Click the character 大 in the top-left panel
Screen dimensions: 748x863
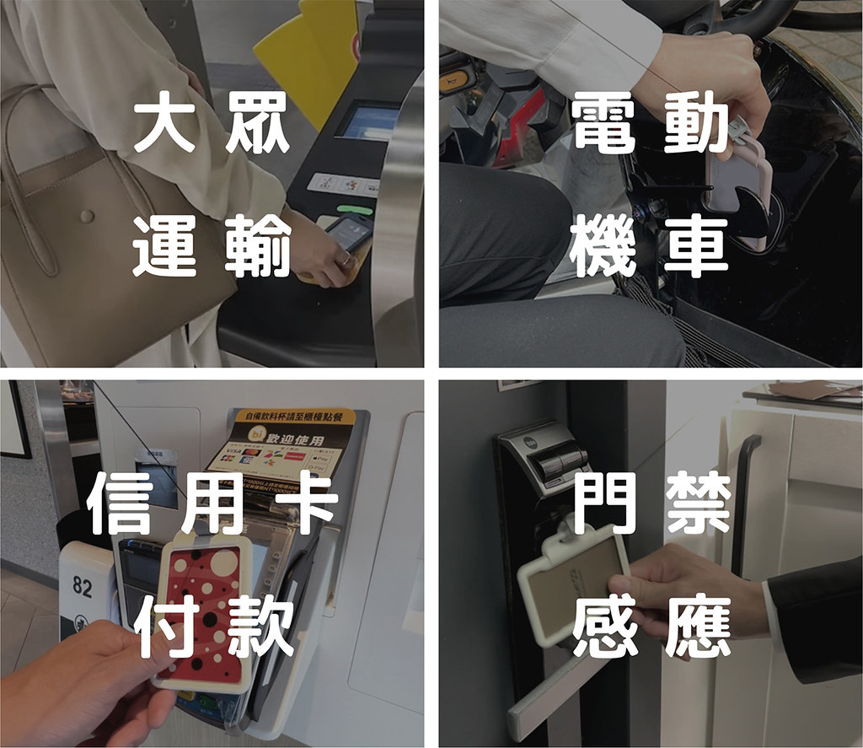(164, 125)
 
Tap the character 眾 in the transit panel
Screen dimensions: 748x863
(258, 125)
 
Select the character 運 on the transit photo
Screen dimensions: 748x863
(164, 245)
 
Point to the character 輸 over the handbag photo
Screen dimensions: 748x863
(258, 245)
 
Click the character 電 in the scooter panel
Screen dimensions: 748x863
(603, 125)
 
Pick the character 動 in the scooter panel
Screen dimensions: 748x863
(696, 125)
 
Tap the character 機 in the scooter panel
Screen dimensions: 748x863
(603, 245)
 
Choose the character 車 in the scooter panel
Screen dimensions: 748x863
(696, 245)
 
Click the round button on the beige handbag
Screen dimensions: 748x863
(86, 217)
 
